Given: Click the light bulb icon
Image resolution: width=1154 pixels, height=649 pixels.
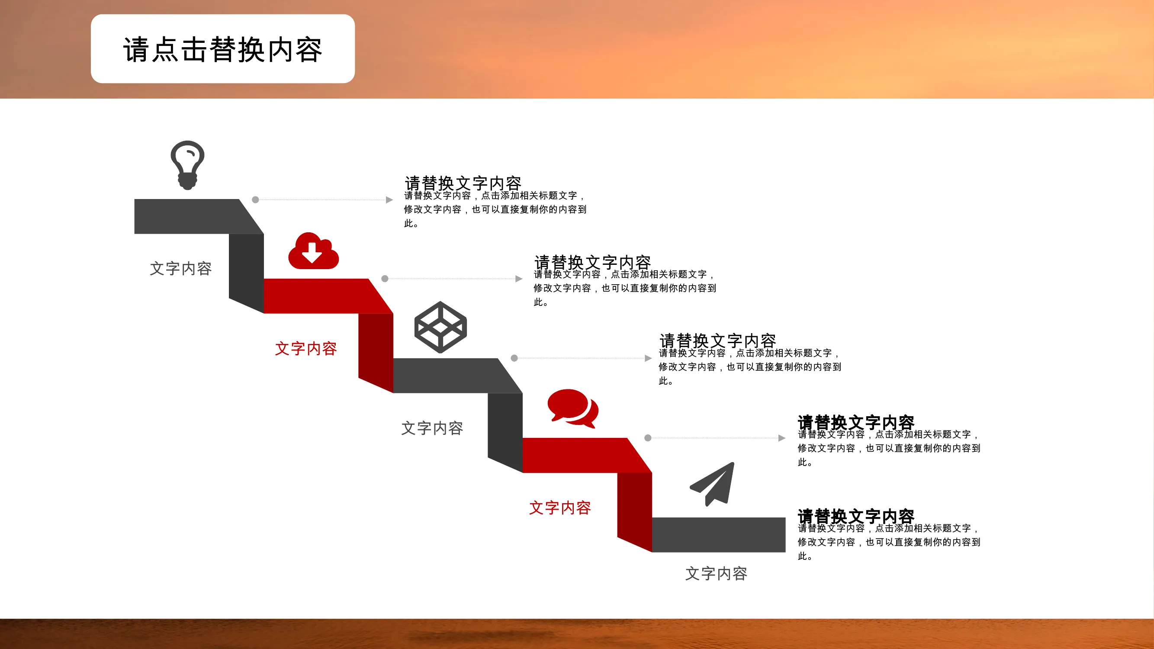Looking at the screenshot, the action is (x=187, y=165).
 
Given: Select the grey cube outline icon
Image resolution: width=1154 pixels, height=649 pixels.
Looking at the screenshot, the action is (x=440, y=327).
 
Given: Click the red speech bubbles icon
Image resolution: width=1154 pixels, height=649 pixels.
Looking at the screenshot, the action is (x=572, y=408).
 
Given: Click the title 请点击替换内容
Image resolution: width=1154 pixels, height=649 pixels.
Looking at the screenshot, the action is (x=223, y=49).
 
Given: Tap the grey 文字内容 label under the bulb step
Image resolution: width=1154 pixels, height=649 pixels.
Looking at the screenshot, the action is (x=180, y=269).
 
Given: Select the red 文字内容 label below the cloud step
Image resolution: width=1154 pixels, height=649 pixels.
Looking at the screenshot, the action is (x=305, y=348).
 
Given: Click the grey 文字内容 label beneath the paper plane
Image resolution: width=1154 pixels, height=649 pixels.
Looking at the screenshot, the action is (x=716, y=574).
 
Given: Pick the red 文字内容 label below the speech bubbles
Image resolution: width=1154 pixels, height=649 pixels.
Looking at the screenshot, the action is (x=560, y=508).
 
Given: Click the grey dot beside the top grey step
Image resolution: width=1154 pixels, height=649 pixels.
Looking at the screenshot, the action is (x=255, y=200).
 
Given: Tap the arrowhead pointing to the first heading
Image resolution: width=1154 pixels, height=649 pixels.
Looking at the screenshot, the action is (x=389, y=200).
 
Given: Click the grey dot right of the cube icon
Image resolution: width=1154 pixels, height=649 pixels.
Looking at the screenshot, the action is (x=514, y=358).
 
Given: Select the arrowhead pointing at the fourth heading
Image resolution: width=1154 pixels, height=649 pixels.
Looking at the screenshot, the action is (x=782, y=438).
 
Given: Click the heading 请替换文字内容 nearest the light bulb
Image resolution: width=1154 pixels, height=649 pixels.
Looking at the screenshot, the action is (x=463, y=183).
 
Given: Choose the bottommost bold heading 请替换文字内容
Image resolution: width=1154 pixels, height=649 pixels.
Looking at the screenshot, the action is (x=855, y=517).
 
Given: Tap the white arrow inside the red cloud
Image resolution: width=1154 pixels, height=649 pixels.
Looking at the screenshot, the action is (x=312, y=252).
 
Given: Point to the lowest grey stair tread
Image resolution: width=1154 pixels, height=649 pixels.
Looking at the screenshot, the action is (x=719, y=535).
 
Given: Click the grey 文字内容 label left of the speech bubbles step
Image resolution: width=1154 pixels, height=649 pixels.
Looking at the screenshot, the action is (x=432, y=428).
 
